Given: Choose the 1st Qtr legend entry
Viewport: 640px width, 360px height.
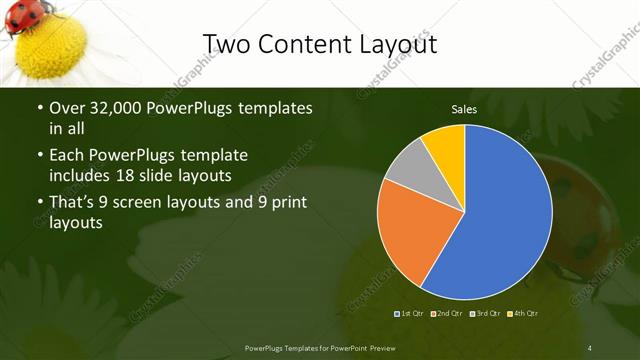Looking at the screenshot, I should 410,314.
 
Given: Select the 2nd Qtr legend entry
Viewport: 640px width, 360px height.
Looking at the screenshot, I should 447,314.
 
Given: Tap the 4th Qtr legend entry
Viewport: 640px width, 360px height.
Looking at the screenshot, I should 522,314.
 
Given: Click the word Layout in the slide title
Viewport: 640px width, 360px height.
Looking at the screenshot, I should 389,44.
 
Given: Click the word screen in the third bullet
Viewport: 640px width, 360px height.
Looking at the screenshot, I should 155,203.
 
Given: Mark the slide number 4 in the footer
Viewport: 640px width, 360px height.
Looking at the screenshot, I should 590,347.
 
